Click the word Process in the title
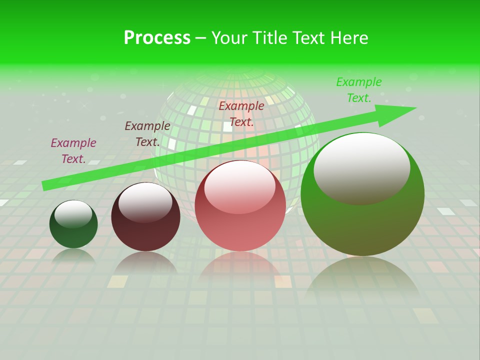(157, 38)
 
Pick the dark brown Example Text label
(147, 134)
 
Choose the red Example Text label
(241, 113)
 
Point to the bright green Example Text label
(359, 90)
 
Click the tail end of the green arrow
(46, 185)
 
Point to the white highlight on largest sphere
(361, 167)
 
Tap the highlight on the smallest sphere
(73, 214)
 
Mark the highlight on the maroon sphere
(145, 202)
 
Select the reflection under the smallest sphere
(73, 255)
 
